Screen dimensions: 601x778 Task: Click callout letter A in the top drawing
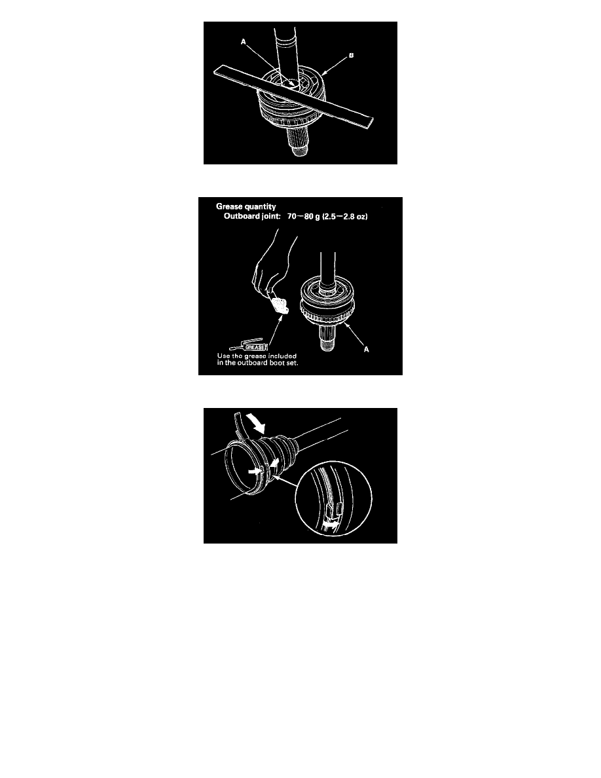tap(244, 42)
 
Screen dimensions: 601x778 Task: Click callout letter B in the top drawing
tap(351, 55)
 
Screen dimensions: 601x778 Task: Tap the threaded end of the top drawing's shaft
tap(299, 149)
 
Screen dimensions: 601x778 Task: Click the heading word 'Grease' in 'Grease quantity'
tap(230, 206)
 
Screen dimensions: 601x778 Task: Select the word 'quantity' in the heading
tap(261, 207)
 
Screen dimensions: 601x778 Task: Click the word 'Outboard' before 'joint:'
tap(242, 216)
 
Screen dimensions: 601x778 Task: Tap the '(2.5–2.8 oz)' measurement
tap(345, 216)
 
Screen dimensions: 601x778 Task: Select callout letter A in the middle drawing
tap(367, 349)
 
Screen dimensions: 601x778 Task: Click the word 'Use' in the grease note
tap(223, 356)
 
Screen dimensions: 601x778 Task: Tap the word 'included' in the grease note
tap(282, 356)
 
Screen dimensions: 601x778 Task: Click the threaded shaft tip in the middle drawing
tap(326, 343)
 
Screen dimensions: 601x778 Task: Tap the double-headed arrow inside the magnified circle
tap(331, 523)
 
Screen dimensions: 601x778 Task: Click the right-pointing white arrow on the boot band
tap(255, 470)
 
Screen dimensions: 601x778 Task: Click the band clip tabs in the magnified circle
tap(333, 508)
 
